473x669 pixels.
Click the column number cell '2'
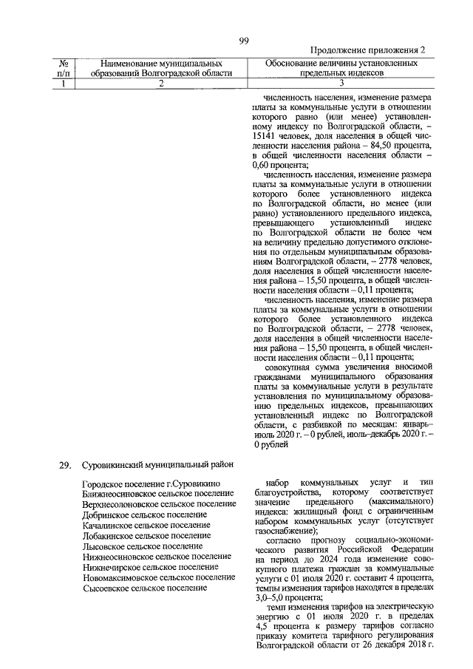click(160, 84)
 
